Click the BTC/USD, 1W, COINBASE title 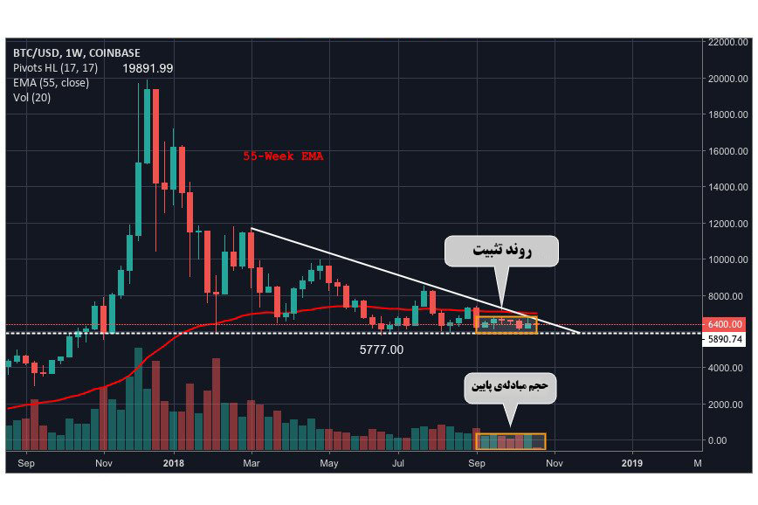[76, 52]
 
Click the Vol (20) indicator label [32, 98]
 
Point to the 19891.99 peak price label [148, 68]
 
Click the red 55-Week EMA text [282, 156]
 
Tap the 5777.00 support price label [382, 349]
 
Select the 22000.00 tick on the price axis [728, 42]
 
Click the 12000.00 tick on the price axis [728, 224]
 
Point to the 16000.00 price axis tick [728, 151]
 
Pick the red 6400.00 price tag [728, 323]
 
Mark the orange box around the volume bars [509, 441]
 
